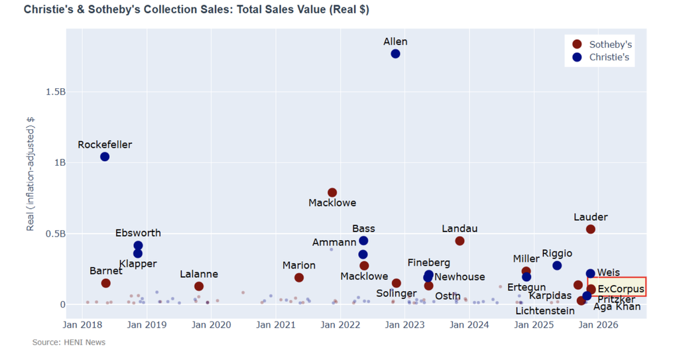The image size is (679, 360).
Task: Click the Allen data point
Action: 395,53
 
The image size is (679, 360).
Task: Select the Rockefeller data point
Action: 105,156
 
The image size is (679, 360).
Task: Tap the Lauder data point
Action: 590,229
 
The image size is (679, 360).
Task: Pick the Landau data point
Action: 460,241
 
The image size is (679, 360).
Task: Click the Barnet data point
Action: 105,283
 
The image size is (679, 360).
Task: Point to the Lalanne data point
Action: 199,286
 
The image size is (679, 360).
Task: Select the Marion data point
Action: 299,278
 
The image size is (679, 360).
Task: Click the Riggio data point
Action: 557,265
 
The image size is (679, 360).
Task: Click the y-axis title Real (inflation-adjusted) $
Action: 31,174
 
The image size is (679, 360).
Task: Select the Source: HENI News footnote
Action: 69,342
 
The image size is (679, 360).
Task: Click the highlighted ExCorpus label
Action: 621,289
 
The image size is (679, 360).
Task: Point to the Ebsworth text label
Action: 138,233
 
